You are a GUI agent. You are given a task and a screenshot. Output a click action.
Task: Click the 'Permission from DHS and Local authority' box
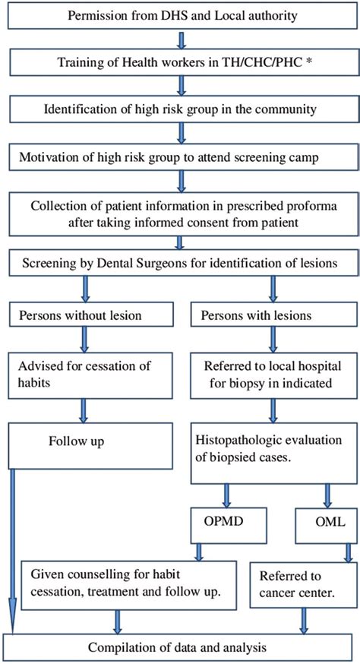pos(180,16)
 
